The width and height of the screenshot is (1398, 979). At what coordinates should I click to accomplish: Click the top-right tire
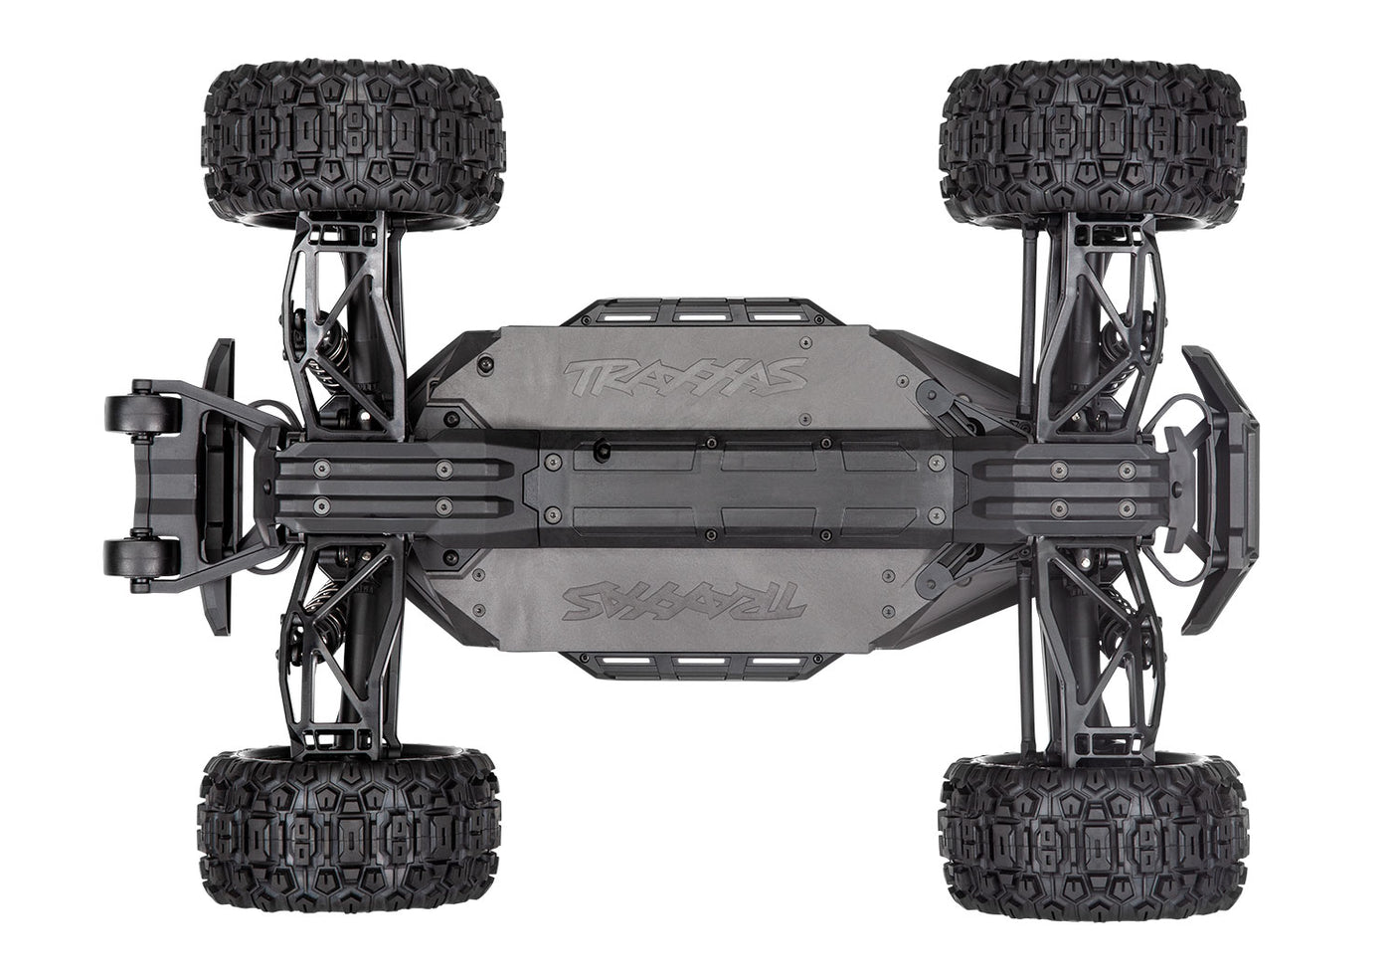1092,138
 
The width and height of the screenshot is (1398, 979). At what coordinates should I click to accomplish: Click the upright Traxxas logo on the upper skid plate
685,376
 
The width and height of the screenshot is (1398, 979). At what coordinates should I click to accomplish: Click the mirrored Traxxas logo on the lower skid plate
685,600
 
